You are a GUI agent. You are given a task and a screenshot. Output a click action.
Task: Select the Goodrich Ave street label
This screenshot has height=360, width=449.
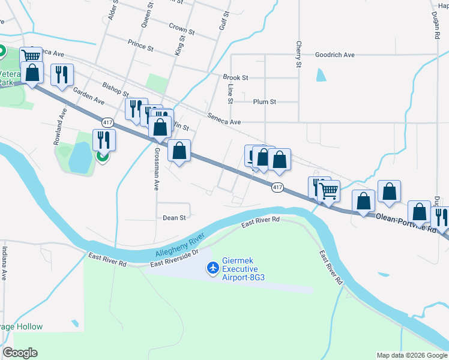(335, 55)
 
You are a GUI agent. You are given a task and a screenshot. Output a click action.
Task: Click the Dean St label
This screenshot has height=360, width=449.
(175, 218)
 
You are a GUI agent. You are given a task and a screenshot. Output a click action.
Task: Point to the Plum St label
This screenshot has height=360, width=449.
(264, 102)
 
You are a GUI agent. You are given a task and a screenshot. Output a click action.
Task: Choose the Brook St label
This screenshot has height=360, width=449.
(235, 77)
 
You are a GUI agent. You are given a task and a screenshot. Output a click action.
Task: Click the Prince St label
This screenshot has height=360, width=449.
(141, 43)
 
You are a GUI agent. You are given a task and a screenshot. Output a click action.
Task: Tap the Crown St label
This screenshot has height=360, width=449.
(182, 28)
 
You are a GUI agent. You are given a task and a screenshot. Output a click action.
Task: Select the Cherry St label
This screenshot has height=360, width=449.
(298, 54)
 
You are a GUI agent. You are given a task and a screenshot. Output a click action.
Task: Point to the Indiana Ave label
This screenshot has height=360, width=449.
(4, 263)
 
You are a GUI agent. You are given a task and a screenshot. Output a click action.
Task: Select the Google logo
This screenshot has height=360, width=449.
(20, 353)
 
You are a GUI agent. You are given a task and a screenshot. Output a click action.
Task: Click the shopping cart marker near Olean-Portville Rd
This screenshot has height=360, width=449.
(328, 191)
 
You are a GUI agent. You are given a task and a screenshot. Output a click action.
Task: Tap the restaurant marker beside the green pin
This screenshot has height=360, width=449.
(104, 140)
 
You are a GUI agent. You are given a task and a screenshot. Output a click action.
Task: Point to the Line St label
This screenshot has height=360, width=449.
(231, 89)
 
